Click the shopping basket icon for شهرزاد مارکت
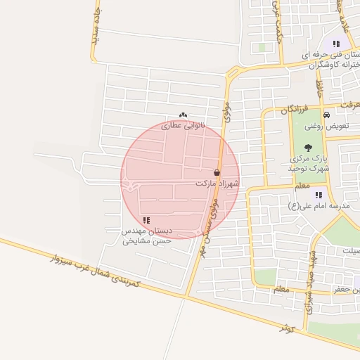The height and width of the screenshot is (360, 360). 217,172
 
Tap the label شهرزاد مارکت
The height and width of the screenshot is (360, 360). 217,183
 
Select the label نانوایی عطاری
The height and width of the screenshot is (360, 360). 182,125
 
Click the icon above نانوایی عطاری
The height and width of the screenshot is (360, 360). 183,115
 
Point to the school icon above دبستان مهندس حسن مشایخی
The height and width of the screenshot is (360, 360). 146,221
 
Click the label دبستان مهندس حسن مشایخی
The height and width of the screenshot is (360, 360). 147,236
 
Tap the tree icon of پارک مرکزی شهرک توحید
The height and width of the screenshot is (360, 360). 309,148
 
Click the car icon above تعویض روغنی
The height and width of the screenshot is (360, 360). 326,115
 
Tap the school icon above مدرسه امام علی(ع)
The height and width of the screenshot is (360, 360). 319,195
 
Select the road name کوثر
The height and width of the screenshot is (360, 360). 285,327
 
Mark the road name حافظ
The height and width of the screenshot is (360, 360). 320,88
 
